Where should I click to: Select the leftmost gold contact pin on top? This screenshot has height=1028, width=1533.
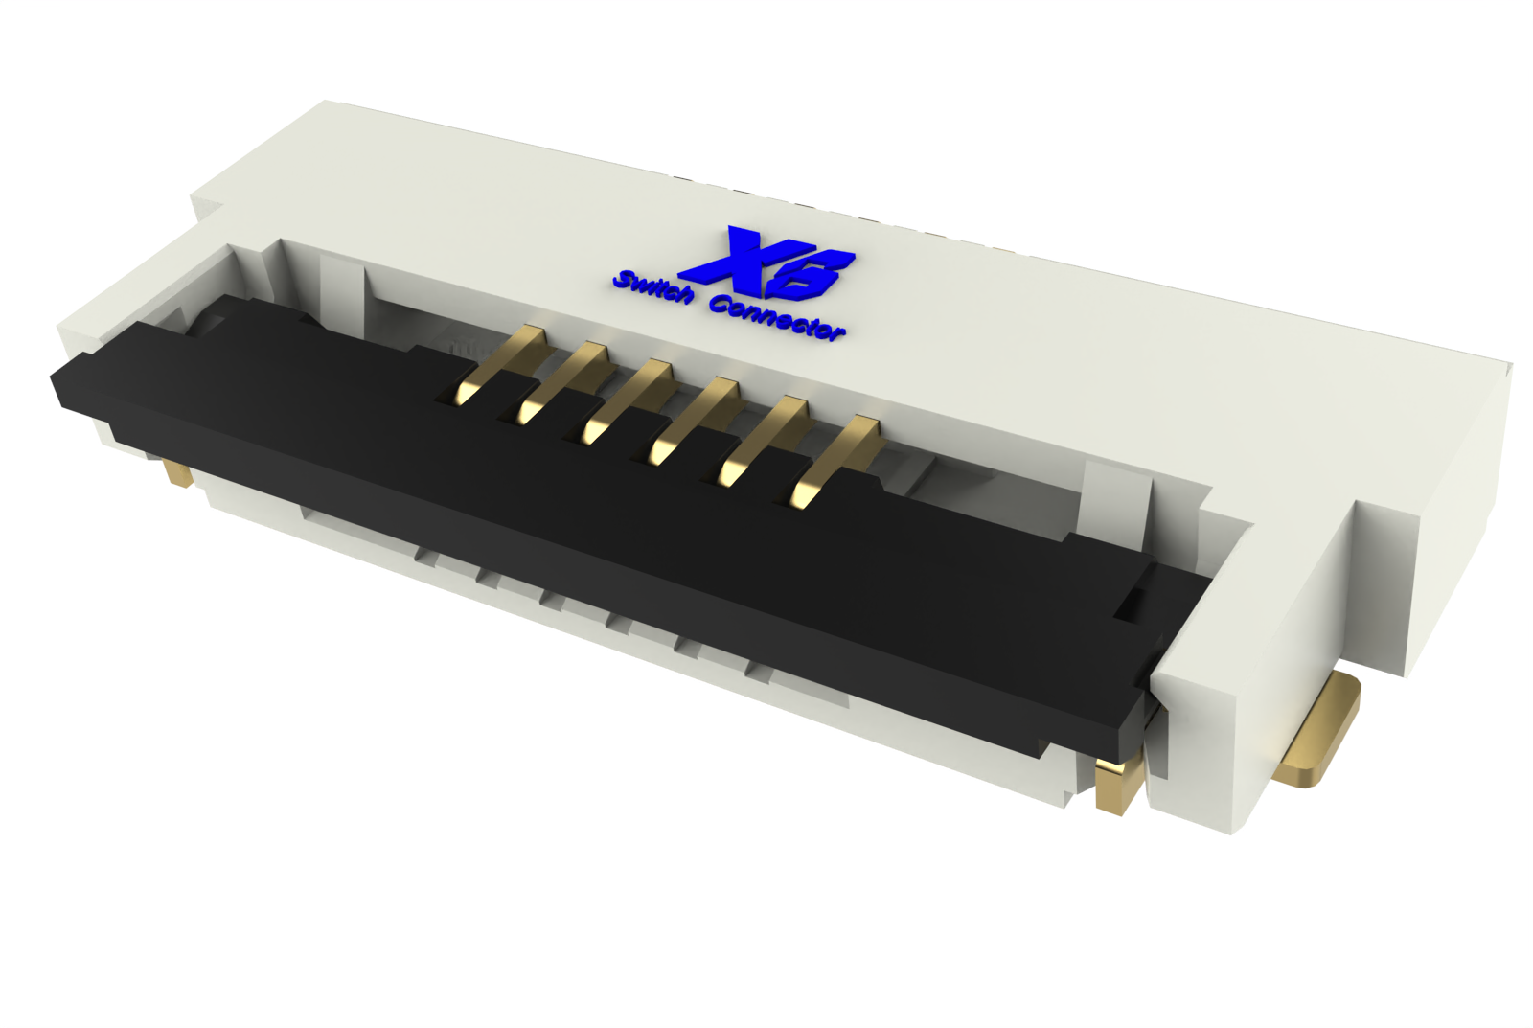pyautogui.click(x=499, y=364)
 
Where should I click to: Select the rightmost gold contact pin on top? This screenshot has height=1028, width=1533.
pyautogui.click(x=834, y=460)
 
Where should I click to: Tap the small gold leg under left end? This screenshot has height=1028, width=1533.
pyautogui.click(x=176, y=472)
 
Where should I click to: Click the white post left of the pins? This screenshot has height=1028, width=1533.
pyautogui.click(x=340, y=287)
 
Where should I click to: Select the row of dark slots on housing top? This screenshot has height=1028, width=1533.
pyautogui.click(x=843, y=216)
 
